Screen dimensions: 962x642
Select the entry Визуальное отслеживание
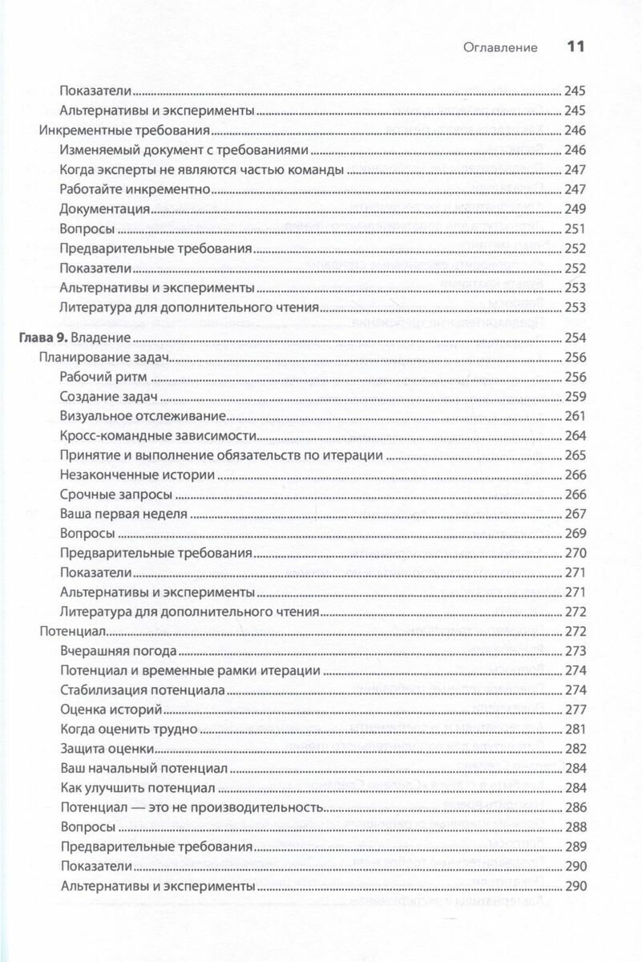141,416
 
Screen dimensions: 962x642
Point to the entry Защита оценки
107,748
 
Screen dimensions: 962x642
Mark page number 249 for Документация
576,208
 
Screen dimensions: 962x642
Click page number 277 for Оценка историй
576,709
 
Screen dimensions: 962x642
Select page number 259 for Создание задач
576,397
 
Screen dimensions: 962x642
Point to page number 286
576,807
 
